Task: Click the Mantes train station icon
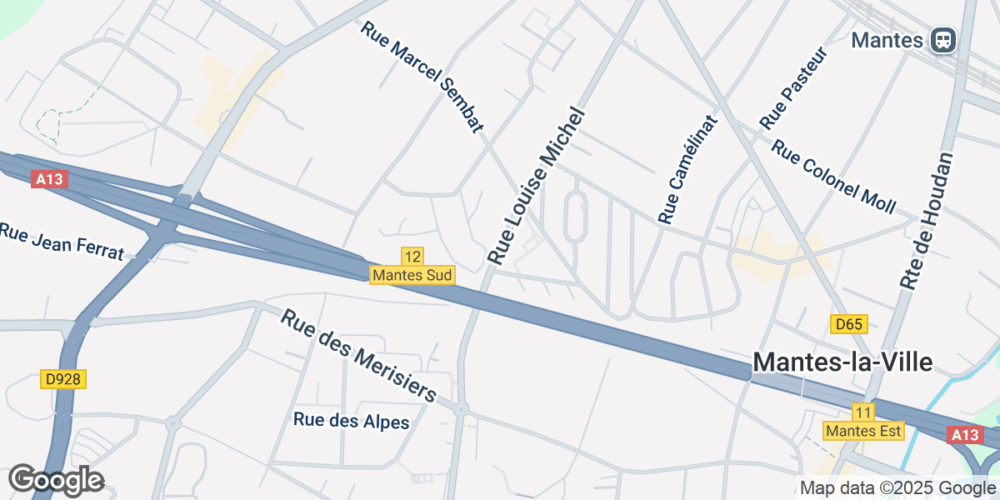943,39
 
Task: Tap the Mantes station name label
887,40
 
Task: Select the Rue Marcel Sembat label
422,77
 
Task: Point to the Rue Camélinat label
687,169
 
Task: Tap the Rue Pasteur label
793,89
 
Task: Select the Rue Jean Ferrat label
62,241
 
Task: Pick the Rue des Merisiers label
358,356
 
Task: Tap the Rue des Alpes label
352,421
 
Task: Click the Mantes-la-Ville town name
842,362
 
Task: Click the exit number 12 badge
412,256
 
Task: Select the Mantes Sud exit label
412,274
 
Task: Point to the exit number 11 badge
862,412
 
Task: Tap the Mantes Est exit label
862,431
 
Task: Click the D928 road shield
63,379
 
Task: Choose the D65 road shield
849,324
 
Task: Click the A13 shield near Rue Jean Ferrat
49,179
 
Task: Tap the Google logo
56,480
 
